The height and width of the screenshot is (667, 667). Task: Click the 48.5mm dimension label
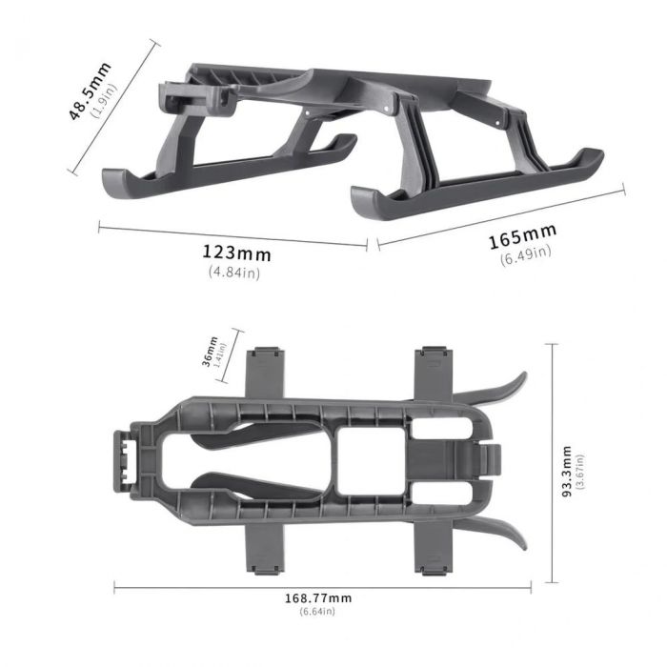(88, 91)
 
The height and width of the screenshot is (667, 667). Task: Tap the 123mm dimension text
(235, 253)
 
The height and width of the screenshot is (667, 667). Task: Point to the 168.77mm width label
(318, 597)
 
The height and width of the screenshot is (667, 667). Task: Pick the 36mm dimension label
(211, 352)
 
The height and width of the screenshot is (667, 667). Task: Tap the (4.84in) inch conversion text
(234, 273)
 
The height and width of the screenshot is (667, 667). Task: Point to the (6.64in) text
(318, 611)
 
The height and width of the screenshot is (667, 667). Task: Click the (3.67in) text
(580, 472)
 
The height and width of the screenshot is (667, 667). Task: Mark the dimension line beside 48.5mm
(112, 107)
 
